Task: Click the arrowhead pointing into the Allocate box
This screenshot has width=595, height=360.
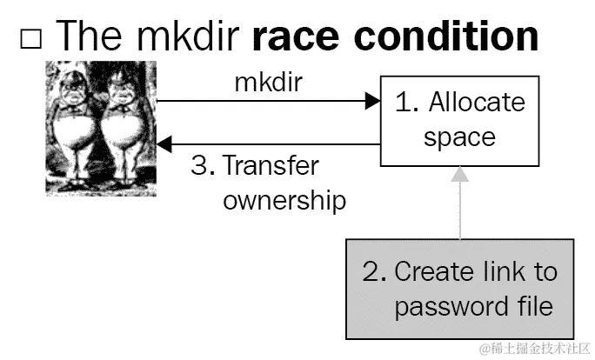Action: [x=372, y=102]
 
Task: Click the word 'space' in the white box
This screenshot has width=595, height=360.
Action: [x=460, y=137]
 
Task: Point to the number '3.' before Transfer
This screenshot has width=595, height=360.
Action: [x=203, y=164]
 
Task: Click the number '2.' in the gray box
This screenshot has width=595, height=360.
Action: [x=375, y=271]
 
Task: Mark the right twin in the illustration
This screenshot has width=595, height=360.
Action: [x=122, y=126]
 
